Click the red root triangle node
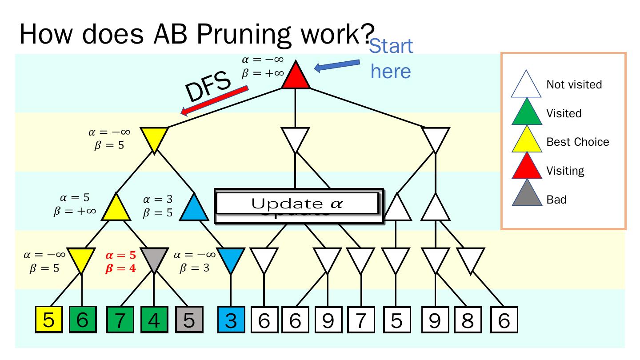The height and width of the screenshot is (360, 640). pyautogui.click(x=296, y=76)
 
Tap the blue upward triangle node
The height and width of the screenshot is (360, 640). pyautogui.click(x=195, y=208)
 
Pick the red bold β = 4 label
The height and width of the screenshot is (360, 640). pyautogui.click(x=120, y=268)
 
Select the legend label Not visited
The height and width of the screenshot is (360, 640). pyautogui.click(x=574, y=84)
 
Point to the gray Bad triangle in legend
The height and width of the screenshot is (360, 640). pyautogui.click(x=526, y=196)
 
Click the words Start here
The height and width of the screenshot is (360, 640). pyautogui.click(x=391, y=58)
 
